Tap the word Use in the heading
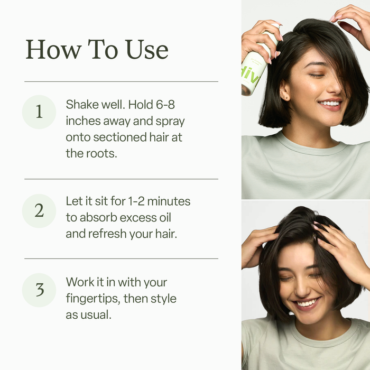(x=146, y=50)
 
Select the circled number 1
(x=39, y=112)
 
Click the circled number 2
(x=39, y=210)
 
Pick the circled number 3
(x=39, y=290)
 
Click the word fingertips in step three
(x=92, y=299)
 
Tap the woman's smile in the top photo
(x=331, y=104)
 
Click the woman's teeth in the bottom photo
(x=308, y=303)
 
